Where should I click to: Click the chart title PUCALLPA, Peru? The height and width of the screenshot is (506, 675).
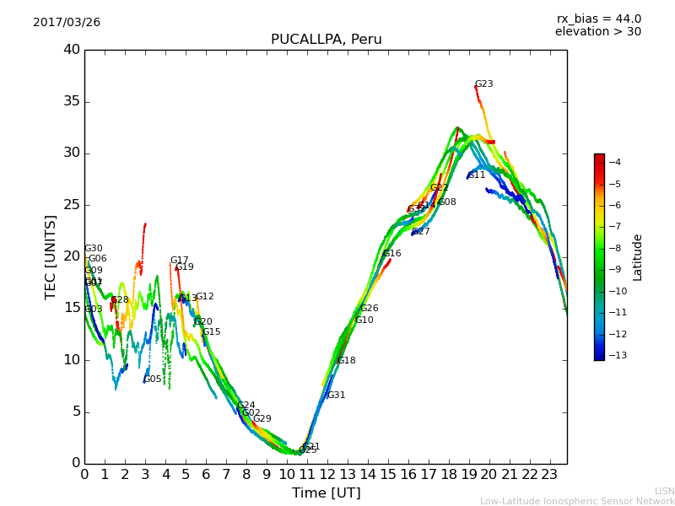pos(326,40)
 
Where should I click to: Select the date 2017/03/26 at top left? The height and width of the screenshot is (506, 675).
pos(67,22)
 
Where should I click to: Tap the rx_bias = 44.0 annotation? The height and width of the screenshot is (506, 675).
pos(598,19)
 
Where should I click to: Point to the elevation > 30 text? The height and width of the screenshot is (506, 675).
pos(597,32)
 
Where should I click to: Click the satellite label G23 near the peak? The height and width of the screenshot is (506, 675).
pos(483,84)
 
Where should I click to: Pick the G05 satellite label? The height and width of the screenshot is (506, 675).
pos(153,379)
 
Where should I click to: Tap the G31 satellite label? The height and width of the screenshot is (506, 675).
pos(336,396)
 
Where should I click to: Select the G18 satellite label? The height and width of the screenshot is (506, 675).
pos(346,361)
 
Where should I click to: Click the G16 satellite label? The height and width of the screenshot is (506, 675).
pos(391,254)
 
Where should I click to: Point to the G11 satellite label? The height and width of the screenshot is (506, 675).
pos(477,175)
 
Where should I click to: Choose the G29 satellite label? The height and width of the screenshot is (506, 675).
pos(262,419)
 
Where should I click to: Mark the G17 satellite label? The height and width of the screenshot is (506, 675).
pos(180,261)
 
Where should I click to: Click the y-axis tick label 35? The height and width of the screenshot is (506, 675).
pos(71,101)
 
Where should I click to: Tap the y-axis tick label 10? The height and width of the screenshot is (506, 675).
pos(71,360)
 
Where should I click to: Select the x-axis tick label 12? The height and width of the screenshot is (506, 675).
pos(327,475)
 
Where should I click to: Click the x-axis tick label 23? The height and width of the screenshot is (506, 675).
pos(549,475)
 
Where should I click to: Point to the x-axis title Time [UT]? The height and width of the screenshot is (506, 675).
pos(326,493)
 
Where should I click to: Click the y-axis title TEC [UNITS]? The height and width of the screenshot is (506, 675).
pos(51,256)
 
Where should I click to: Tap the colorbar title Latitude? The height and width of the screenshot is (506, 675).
pos(638,256)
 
